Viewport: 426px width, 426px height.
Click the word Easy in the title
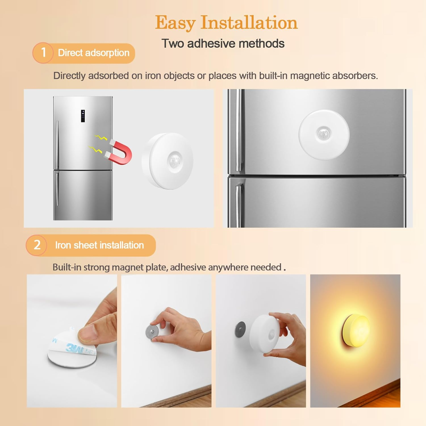pos(175,23)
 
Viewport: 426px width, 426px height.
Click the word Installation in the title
pos(249,23)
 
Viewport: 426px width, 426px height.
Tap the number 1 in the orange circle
pos(43,53)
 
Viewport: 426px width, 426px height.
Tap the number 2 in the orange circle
pos(37,245)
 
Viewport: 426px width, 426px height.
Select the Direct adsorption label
pos(93,53)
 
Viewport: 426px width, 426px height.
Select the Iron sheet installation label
pos(99,245)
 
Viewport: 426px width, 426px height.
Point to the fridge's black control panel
pos(83,116)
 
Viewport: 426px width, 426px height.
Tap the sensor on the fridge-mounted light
pos(323,133)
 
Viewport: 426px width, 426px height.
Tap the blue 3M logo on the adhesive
pos(74,348)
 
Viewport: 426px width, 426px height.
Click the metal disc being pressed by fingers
pos(152,331)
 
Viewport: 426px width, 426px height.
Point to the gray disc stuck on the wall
pos(240,329)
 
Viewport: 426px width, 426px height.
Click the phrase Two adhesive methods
pos(223,43)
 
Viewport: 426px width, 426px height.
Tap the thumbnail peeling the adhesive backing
pos(72,341)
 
